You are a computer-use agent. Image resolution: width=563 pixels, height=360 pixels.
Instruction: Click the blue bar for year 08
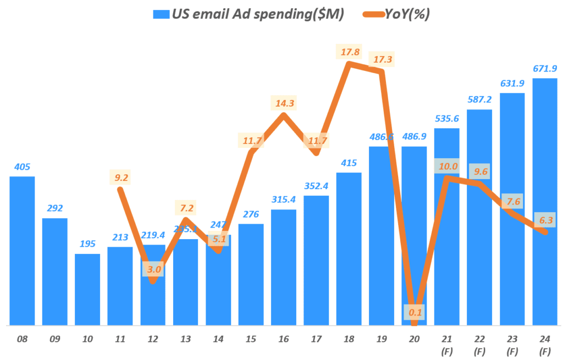pos(22,251)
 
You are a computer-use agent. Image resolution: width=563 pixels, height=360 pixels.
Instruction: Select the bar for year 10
pos(87,289)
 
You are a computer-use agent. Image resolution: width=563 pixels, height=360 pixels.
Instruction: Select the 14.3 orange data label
pos(283,103)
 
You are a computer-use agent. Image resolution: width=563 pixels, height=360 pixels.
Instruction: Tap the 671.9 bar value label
pos(545,69)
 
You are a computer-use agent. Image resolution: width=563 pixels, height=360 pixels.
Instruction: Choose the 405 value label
pos(22,167)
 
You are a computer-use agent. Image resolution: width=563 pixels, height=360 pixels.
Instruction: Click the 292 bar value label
pos(55,208)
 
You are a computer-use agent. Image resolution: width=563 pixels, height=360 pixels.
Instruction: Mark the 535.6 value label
pos(447,119)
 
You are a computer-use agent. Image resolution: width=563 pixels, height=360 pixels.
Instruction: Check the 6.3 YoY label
pos(545,220)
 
